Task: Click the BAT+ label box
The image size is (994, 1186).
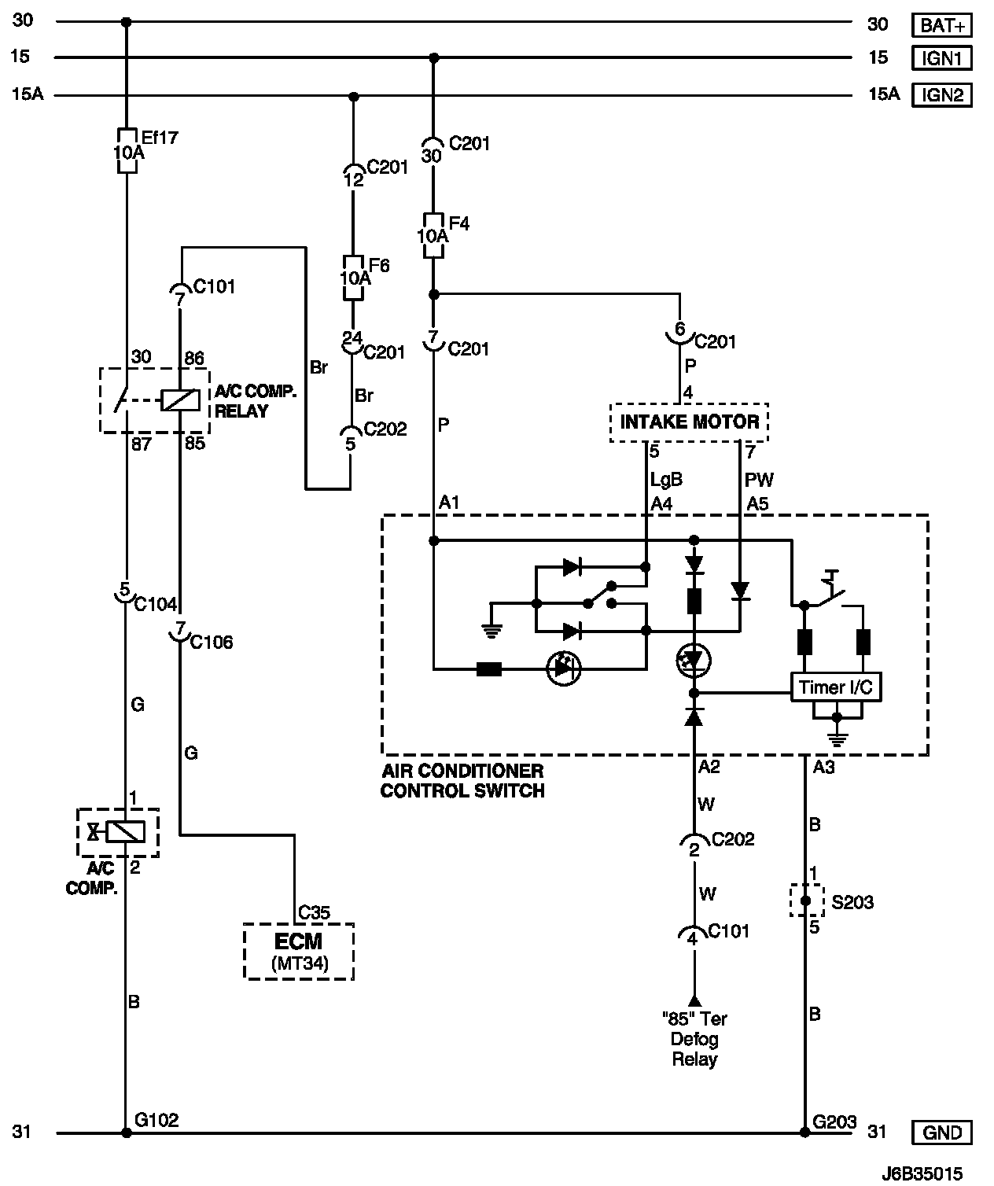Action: (941, 25)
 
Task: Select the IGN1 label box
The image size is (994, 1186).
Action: (941, 58)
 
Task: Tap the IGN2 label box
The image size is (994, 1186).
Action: (941, 95)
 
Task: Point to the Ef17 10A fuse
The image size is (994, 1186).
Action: (127, 150)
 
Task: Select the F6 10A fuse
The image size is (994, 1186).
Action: (353, 278)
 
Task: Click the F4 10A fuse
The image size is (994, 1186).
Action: (433, 236)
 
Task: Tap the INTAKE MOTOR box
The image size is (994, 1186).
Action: (689, 422)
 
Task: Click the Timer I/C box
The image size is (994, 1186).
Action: (836, 687)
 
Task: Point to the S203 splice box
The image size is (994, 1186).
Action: (806, 901)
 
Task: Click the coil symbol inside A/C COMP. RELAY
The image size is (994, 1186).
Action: (181, 400)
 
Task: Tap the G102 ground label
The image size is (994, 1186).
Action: (156, 1120)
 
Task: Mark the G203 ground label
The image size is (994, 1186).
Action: (834, 1122)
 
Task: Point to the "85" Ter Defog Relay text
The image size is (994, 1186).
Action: (694, 1039)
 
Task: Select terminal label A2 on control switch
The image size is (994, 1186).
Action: (709, 767)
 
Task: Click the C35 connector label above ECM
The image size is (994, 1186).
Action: (314, 912)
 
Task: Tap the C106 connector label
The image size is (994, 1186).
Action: (212, 642)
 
